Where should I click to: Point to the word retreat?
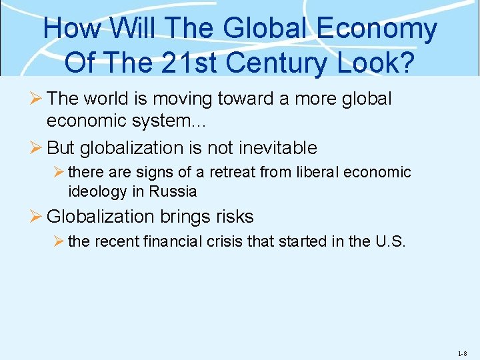(234, 172)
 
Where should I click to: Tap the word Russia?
(174, 191)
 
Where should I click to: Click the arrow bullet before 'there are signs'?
(58, 172)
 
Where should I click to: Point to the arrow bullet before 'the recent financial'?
(58, 241)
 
